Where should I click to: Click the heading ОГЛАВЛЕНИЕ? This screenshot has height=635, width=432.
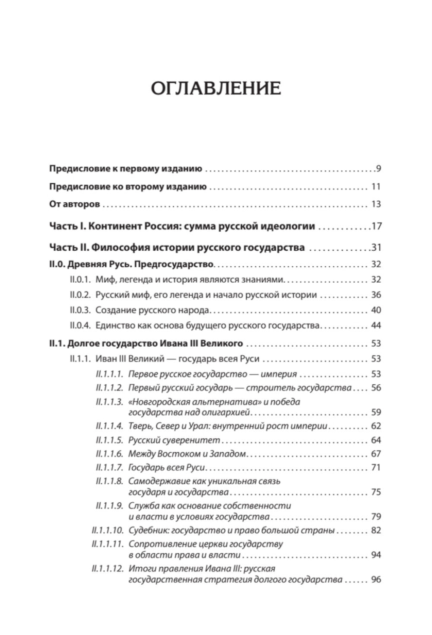click(x=216, y=88)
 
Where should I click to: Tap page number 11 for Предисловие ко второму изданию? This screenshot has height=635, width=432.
click(x=375, y=187)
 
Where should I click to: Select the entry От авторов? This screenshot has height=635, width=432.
click(x=75, y=204)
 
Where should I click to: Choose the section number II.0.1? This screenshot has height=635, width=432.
click(x=79, y=280)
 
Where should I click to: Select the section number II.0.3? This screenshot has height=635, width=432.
click(x=79, y=310)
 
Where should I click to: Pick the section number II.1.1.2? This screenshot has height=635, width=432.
click(x=110, y=388)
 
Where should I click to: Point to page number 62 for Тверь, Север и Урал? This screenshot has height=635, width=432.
click(x=376, y=426)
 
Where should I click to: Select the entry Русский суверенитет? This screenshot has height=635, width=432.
click(x=174, y=440)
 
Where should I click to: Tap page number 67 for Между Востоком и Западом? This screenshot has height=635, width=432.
click(x=376, y=454)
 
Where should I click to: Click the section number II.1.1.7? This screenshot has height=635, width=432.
click(x=110, y=468)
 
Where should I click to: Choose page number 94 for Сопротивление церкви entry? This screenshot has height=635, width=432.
click(x=376, y=555)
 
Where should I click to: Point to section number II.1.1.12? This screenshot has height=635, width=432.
click(x=107, y=569)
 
